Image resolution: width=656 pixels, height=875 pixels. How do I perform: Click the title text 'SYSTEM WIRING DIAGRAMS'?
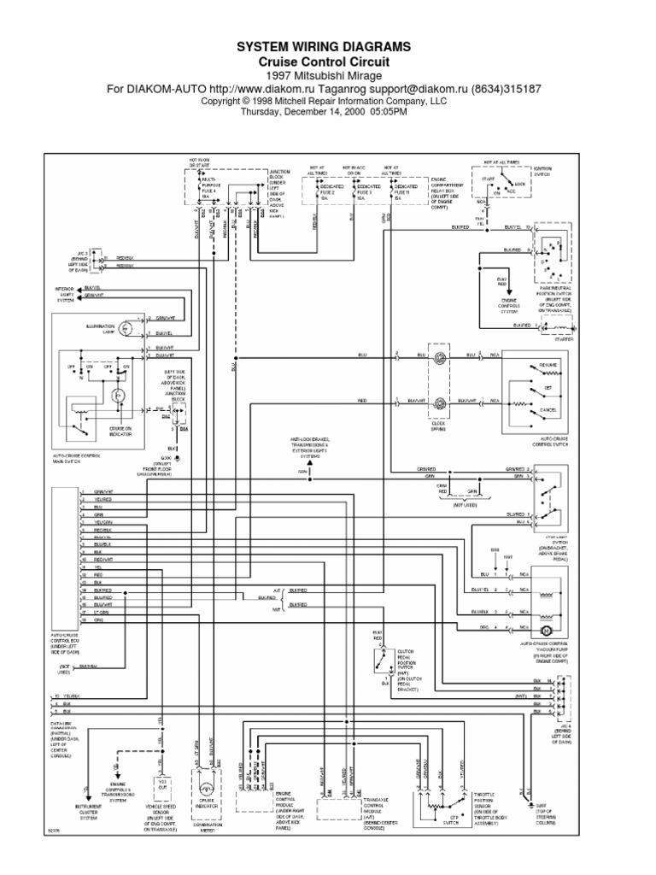tap(323, 46)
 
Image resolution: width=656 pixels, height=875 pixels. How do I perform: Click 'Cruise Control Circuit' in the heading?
tap(323, 62)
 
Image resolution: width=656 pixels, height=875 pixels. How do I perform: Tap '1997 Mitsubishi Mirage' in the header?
tap(323, 75)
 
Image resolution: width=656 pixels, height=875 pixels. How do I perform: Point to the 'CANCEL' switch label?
tap(548, 409)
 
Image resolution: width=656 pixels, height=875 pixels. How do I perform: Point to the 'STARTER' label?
tap(564, 338)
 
